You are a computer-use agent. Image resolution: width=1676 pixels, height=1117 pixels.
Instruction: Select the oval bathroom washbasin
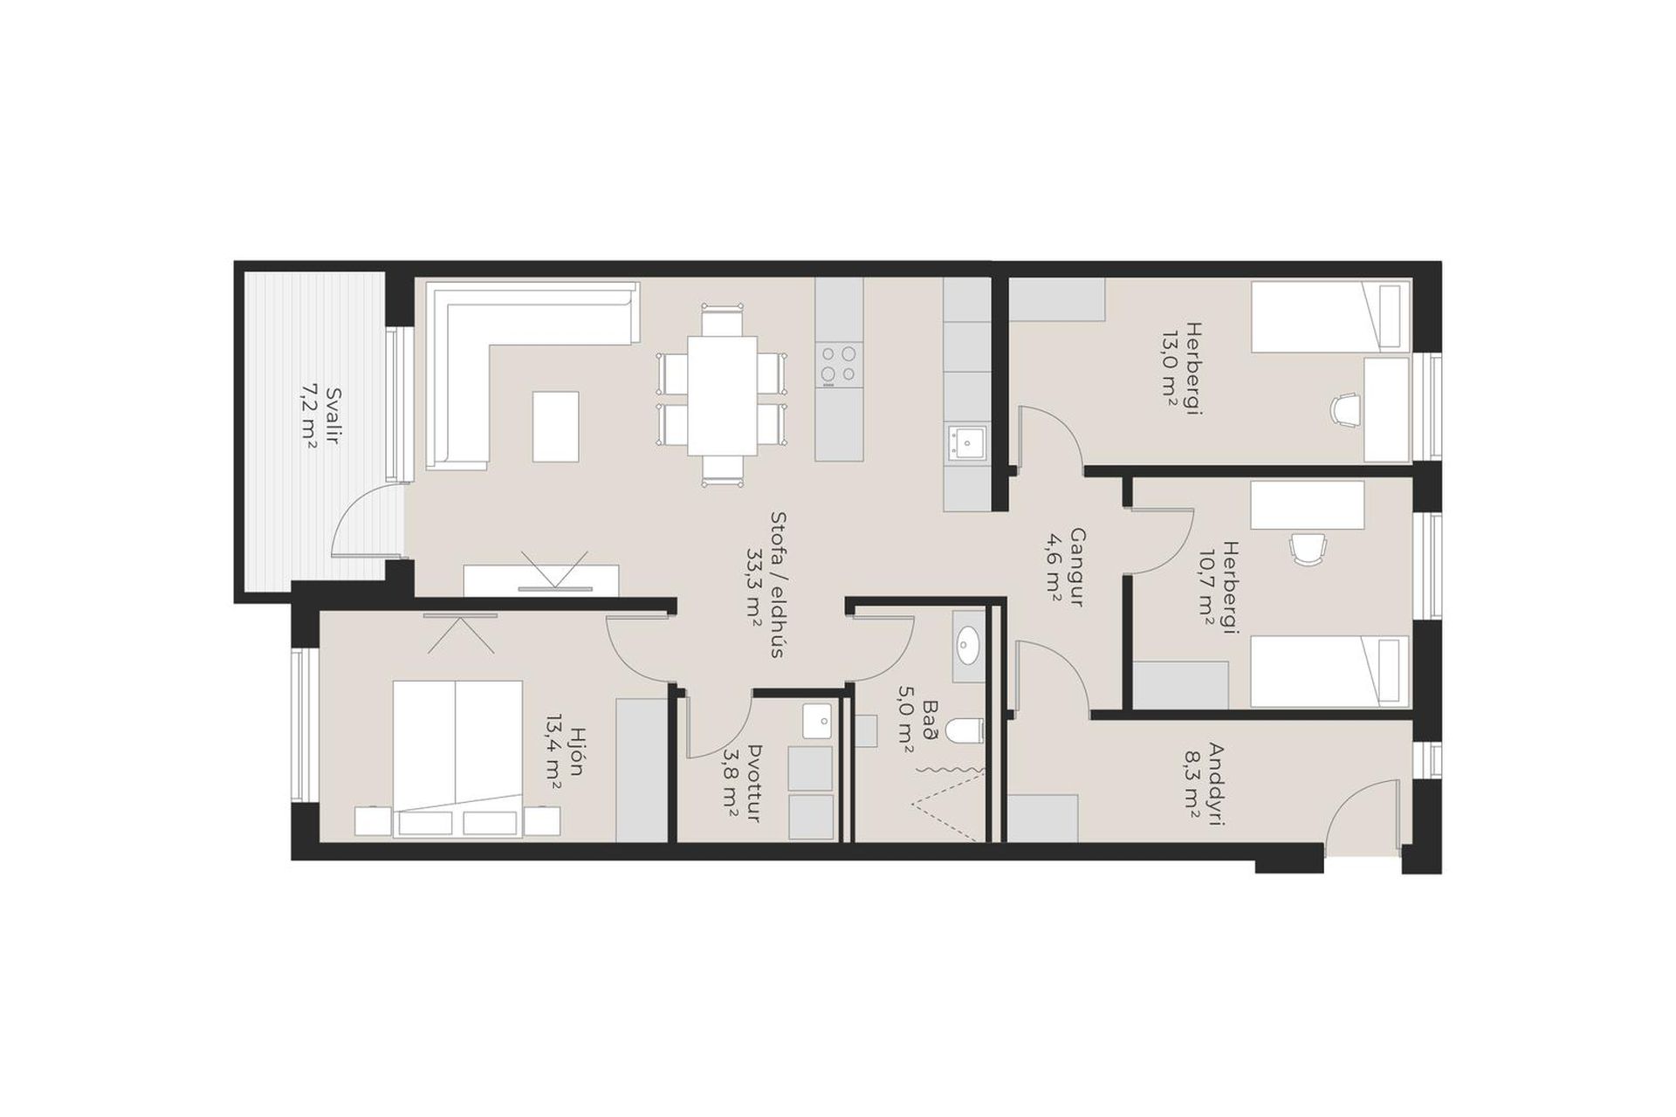click(x=968, y=648)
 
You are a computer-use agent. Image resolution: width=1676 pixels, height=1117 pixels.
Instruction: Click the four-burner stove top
click(x=838, y=365)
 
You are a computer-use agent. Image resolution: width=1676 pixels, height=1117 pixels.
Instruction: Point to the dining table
click(x=722, y=395)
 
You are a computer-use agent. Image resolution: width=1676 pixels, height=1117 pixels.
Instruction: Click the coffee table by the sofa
click(x=555, y=426)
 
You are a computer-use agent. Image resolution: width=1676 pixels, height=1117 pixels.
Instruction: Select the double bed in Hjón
click(x=457, y=758)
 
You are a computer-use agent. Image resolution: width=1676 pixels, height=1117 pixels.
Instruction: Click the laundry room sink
click(x=818, y=722)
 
